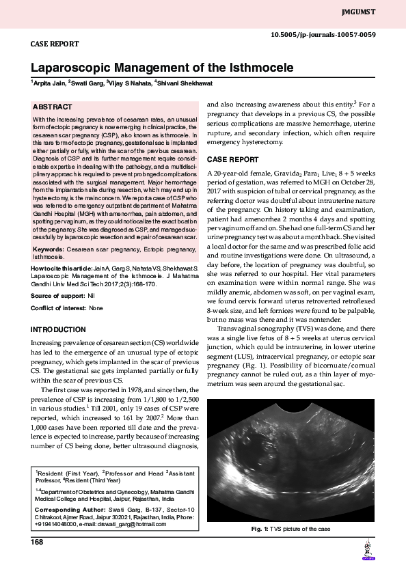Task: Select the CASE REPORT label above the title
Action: (55, 44)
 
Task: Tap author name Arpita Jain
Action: (49, 83)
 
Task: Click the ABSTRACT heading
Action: (53, 107)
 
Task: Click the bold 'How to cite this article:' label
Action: (64, 271)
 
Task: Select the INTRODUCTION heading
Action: (58, 330)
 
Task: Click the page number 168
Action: (37, 542)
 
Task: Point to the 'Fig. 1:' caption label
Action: (261, 529)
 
